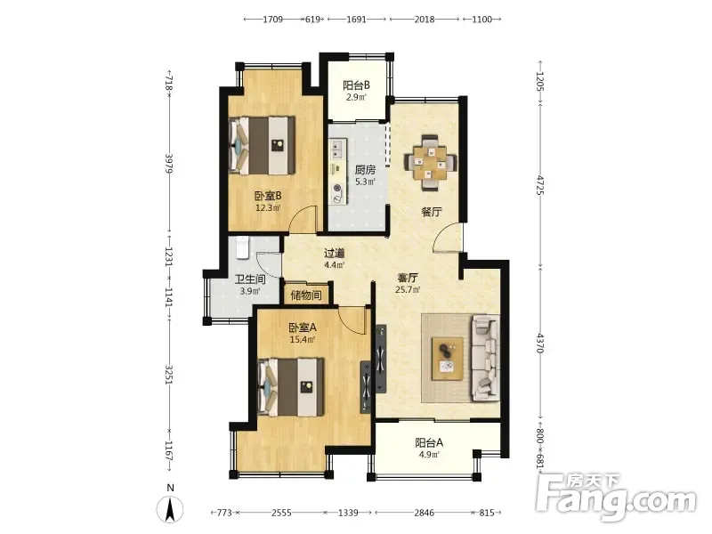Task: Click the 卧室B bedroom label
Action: pyautogui.click(x=268, y=196)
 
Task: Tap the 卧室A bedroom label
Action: pyautogui.click(x=303, y=328)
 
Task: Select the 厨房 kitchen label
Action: pyautogui.click(x=365, y=170)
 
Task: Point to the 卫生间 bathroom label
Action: pyautogui.click(x=250, y=279)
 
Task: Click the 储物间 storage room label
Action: pyautogui.click(x=306, y=295)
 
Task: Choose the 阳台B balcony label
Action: pyautogui.click(x=357, y=85)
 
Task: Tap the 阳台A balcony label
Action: pyautogui.click(x=429, y=442)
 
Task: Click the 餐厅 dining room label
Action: pyautogui.click(x=432, y=212)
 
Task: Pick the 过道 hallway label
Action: pyautogui.click(x=335, y=254)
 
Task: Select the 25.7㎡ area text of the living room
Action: pyautogui.click(x=408, y=289)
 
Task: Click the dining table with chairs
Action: pyautogui.click(x=430, y=162)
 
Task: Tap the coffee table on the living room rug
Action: pyautogui.click(x=448, y=359)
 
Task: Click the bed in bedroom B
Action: pyautogui.click(x=262, y=146)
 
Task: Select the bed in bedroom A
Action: pyautogui.click(x=291, y=387)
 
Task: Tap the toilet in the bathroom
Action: pyautogui.click(x=242, y=247)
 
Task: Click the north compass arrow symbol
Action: pyautogui.click(x=170, y=509)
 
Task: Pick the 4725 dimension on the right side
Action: pyautogui.click(x=540, y=185)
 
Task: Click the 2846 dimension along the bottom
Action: pyautogui.click(x=425, y=513)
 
